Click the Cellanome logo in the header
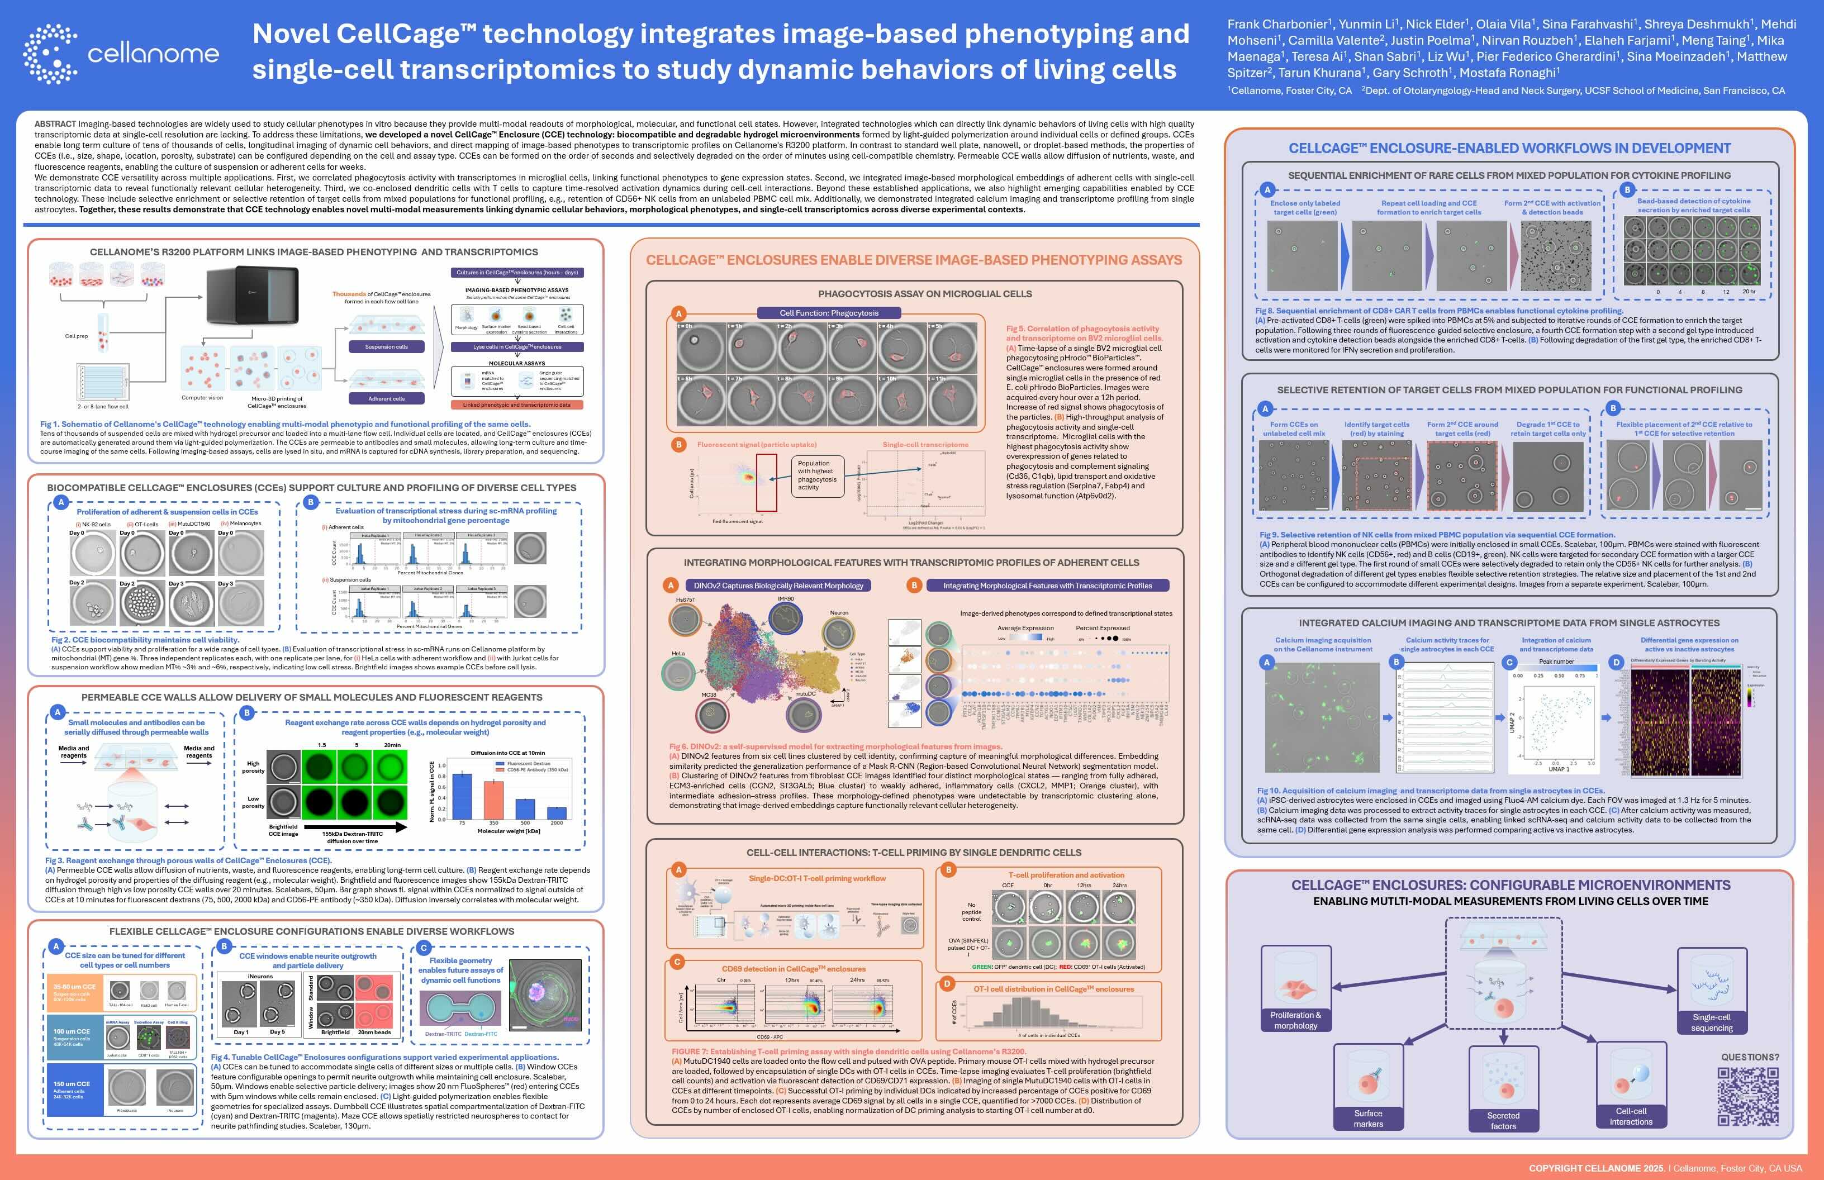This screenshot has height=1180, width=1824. click(x=121, y=54)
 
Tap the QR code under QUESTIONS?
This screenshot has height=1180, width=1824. click(x=1747, y=1096)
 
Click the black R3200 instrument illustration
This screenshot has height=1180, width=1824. click(x=253, y=294)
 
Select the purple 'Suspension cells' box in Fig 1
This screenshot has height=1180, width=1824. click(x=386, y=347)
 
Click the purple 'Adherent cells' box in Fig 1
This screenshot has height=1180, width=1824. click(x=386, y=398)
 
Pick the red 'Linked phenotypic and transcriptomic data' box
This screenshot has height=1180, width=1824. click(x=516, y=405)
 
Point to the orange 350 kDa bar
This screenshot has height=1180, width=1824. click(x=493, y=800)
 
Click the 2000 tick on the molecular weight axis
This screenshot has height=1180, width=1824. click(x=557, y=823)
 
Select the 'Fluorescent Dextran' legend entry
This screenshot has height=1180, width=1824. click(x=528, y=763)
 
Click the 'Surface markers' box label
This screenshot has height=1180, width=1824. click(x=1368, y=1119)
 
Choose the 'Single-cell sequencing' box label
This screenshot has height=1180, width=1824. click(x=1711, y=1023)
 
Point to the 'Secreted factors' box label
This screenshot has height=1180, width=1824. click(x=1503, y=1120)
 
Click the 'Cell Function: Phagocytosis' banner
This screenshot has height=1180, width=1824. click(x=829, y=313)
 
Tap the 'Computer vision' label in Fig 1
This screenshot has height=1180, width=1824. click(x=202, y=398)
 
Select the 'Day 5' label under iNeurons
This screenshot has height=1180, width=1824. click(x=277, y=1032)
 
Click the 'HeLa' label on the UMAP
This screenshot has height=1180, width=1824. click(x=678, y=654)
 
